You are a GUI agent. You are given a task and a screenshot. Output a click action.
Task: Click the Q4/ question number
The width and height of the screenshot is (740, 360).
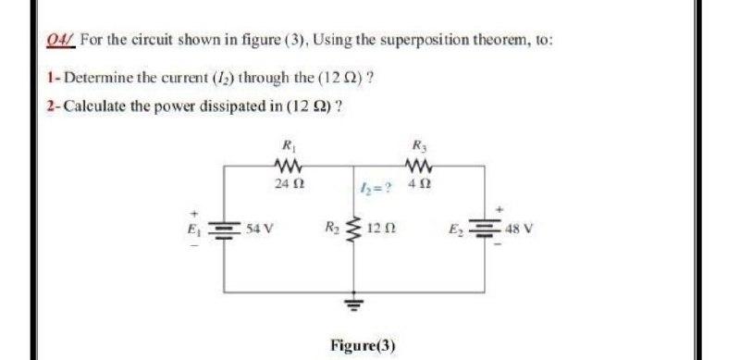point(60,41)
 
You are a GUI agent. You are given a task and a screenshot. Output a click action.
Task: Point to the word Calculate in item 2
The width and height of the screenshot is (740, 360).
point(92,103)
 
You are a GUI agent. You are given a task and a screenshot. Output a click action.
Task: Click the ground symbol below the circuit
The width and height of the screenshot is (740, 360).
point(351,304)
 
